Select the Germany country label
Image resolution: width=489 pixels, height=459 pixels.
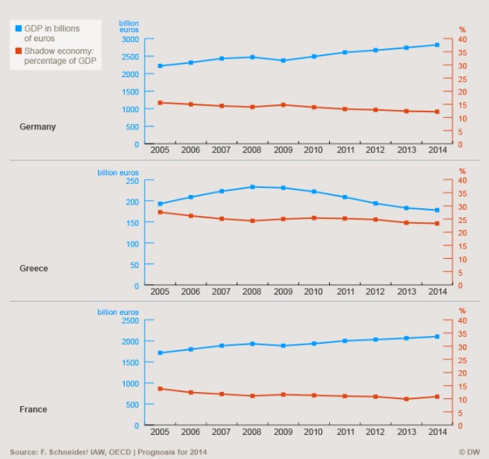pyautogui.click(x=37, y=126)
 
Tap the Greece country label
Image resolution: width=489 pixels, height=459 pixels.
pyautogui.click(x=34, y=268)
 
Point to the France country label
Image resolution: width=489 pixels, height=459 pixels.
pyautogui.click(x=33, y=409)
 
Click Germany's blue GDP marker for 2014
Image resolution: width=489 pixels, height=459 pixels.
pyautogui.click(x=438, y=45)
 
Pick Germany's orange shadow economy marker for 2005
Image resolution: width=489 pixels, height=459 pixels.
pyautogui.click(x=160, y=103)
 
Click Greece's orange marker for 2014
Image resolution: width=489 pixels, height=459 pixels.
pyautogui.click(x=438, y=224)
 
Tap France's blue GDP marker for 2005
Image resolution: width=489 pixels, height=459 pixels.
pyautogui.click(x=160, y=353)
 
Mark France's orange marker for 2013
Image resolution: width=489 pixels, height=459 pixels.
pyautogui.click(x=406, y=399)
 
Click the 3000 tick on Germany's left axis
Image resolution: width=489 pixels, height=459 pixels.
pyautogui.click(x=131, y=39)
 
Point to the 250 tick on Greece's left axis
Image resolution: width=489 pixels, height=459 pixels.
pyautogui.click(x=133, y=181)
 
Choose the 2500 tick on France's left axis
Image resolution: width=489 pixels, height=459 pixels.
pyautogui.click(x=131, y=320)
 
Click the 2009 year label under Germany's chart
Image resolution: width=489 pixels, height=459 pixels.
pyautogui.click(x=283, y=151)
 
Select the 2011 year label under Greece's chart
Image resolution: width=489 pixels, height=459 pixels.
pyautogui.click(x=345, y=292)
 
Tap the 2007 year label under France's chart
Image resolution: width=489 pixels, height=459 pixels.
pyautogui.click(x=221, y=433)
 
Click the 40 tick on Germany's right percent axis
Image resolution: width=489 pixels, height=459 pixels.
pyautogui.click(x=462, y=39)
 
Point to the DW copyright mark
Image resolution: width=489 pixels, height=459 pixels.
pyautogui.click(x=468, y=452)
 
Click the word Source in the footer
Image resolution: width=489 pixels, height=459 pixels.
pyautogui.click(x=23, y=452)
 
